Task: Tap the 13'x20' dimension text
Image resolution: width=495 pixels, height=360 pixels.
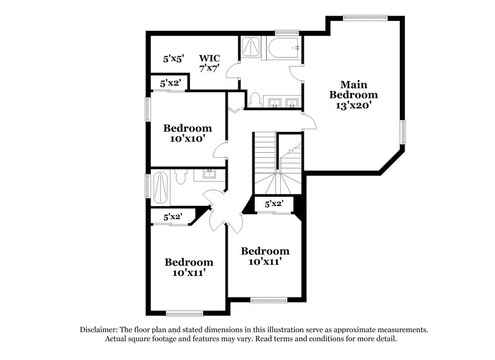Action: click(x=353, y=105)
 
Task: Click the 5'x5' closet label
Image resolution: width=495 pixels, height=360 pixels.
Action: click(x=173, y=59)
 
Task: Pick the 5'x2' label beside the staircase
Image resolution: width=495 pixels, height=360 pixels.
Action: click(x=273, y=204)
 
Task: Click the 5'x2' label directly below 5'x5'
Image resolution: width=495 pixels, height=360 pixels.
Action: click(x=170, y=83)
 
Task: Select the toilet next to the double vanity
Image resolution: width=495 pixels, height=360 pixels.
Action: click(x=254, y=99)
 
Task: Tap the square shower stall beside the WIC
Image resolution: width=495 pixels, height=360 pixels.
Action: click(x=251, y=47)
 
